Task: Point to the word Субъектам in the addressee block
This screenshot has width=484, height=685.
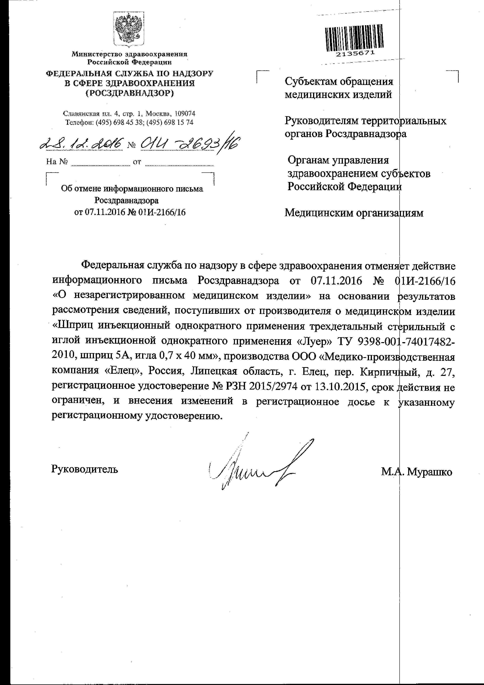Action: coord(310,81)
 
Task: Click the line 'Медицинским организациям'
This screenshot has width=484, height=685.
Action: coord(354,213)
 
